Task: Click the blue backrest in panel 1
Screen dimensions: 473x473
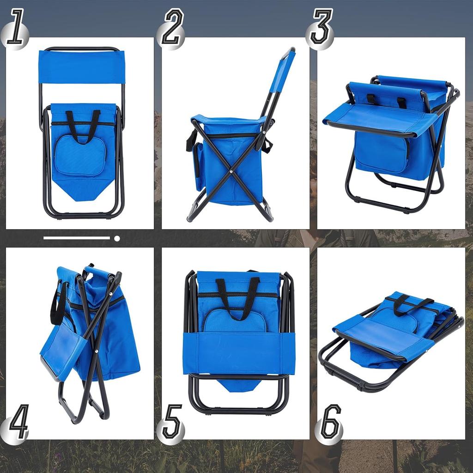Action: (82, 66)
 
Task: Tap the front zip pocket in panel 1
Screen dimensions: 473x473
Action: (79, 156)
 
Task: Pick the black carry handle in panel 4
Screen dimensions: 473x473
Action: (58, 303)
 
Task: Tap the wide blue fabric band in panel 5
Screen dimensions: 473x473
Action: (238, 352)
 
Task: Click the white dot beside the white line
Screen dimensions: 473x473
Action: (117, 238)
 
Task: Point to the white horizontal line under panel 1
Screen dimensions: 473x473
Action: (77, 238)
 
